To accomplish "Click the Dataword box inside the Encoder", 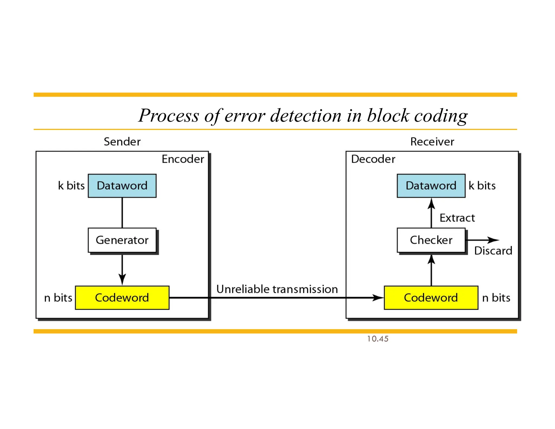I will (x=122, y=186).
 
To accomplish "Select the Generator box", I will (x=122, y=240).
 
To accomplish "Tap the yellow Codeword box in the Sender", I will (x=122, y=297).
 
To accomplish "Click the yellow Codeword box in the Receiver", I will (x=431, y=297).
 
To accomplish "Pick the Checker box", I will (x=431, y=240).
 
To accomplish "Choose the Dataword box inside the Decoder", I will (x=431, y=186).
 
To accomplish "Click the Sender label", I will (x=122, y=142).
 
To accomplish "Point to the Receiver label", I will (x=432, y=142).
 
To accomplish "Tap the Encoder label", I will (x=183, y=159).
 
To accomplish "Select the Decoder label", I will (x=373, y=159).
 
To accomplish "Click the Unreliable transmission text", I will (x=277, y=289).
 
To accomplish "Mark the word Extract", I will (x=457, y=218).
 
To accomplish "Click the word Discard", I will (x=493, y=251).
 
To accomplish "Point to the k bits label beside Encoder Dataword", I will (x=71, y=186).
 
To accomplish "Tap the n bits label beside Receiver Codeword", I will (x=496, y=298).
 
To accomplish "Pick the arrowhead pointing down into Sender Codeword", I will (x=122, y=279).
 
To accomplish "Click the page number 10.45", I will (x=377, y=339).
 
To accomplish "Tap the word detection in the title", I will (x=306, y=116).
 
